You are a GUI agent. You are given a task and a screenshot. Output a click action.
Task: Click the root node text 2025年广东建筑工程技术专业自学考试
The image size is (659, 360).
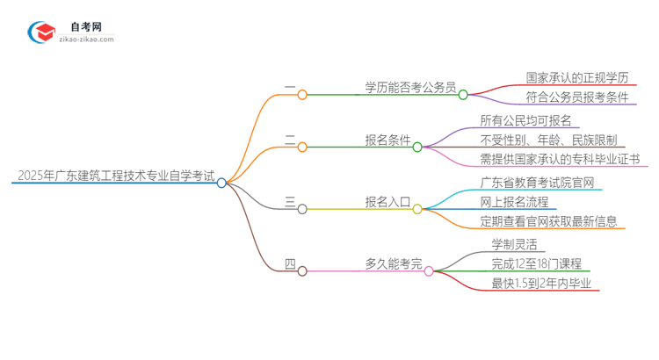pyautogui.click(x=114, y=176)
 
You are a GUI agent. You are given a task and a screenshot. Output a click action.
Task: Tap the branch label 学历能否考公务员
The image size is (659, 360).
pyautogui.click(x=410, y=87)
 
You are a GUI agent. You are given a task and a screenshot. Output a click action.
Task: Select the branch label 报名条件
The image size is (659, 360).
pyautogui.click(x=387, y=140)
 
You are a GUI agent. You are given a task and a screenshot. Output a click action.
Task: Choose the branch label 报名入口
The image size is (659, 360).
pyautogui.click(x=387, y=202)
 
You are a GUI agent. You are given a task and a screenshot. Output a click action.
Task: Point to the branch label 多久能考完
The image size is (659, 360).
pyautogui.click(x=393, y=263)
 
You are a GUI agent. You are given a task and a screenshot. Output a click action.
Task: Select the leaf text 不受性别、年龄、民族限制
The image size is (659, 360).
pyautogui.click(x=547, y=140)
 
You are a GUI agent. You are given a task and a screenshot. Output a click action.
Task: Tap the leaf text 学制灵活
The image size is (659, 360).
pyautogui.click(x=516, y=243)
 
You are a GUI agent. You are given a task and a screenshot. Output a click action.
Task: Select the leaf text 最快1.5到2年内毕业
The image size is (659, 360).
pyautogui.click(x=540, y=283)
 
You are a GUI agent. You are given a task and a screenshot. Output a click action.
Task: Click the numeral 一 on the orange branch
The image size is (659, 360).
pyautogui.click(x=290, y=87)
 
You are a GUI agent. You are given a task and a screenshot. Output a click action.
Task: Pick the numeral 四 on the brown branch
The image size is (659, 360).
pyautogui.click(x=290, y=263)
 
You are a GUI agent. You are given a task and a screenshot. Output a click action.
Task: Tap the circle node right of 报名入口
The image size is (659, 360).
pyautogui.click(x=417, y=209)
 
